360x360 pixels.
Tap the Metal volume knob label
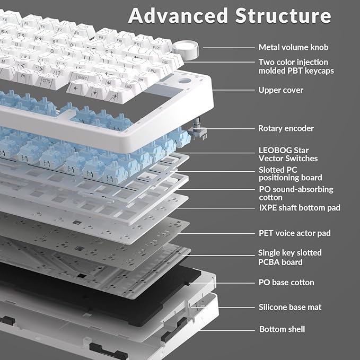[289, 48]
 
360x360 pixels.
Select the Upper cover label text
[280, 90]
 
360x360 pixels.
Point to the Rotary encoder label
[286, 128]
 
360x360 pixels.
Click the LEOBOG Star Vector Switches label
[288, 154]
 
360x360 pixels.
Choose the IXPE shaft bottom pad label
[299, 208]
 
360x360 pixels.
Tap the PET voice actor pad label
[291, 233]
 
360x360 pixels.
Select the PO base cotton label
[286, 283]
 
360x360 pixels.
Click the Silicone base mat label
[290, 307]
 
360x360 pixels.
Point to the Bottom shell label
[282, 329]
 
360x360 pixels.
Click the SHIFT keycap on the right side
[82, 77]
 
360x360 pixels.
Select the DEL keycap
[165, 62]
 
